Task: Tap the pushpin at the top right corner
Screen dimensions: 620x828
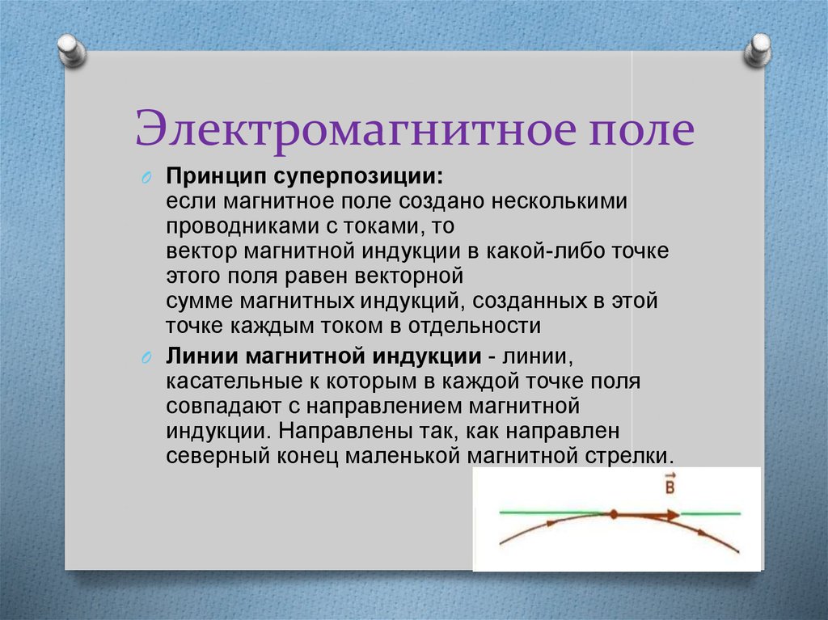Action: pos(757,51)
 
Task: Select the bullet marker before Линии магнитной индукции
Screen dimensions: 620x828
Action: pos(146,357)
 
